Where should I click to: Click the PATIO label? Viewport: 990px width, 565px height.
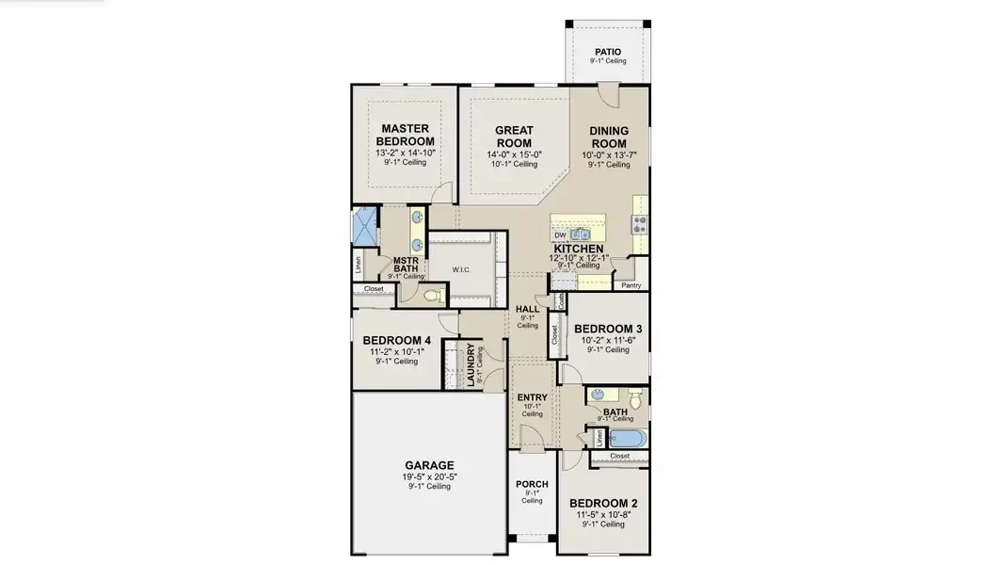point(608,52)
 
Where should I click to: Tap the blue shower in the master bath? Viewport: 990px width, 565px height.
point(364,227)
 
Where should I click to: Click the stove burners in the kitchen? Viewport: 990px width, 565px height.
point(641,223)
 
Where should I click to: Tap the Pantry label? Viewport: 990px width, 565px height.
point(631,284)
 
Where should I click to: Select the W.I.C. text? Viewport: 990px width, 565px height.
point(461,270)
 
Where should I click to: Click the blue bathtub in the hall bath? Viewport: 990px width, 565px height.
point(622,438)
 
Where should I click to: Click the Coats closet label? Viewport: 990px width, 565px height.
point(561,300)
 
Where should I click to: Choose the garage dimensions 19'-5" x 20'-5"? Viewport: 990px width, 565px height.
point(429,476)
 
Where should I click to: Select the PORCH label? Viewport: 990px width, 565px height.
point(532,485)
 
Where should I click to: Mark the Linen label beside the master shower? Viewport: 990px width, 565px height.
point(358,266)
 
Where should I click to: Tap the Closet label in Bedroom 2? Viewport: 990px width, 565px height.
point(619,456)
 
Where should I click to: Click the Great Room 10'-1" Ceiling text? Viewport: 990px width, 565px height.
point(513,164)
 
